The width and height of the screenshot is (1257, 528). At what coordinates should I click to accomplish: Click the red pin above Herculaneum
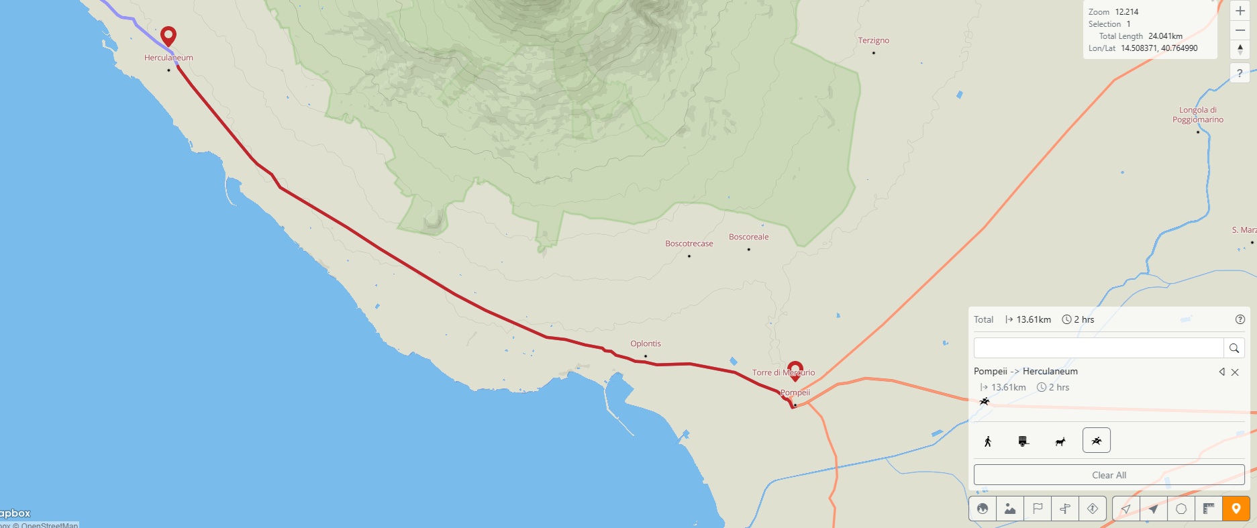point(168,36)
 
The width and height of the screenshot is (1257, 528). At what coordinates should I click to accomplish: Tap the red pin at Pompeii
point(795,370)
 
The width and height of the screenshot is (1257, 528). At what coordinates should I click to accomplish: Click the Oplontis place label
point(645,344)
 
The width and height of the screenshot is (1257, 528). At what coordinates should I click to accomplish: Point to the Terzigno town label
point(873,40)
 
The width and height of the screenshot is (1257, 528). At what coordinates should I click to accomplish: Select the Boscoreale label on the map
point(748,237)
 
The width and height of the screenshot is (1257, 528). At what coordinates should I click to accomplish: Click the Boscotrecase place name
point(689,244)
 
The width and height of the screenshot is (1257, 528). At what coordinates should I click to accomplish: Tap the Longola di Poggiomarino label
point(1197,115)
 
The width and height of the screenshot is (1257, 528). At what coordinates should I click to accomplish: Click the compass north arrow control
point(1240,50)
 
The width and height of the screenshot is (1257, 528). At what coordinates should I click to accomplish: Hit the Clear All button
point(1109,475)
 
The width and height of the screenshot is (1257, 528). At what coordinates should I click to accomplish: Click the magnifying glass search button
point(1234,348)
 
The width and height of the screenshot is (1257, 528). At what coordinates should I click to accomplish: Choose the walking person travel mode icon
point(988,441)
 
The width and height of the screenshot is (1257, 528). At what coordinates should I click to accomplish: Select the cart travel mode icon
point(1023,441)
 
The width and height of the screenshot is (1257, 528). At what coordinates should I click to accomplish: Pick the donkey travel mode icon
point(1060,441)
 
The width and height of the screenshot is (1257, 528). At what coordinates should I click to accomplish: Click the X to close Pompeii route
point(1235,372)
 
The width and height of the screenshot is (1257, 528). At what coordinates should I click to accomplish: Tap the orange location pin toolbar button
point(1236,509)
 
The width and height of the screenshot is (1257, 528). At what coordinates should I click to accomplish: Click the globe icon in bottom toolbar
point(983,509)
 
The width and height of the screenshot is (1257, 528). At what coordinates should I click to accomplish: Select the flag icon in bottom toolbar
point(1038,509)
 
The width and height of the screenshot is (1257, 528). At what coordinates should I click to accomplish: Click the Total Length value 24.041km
point(1165,36)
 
